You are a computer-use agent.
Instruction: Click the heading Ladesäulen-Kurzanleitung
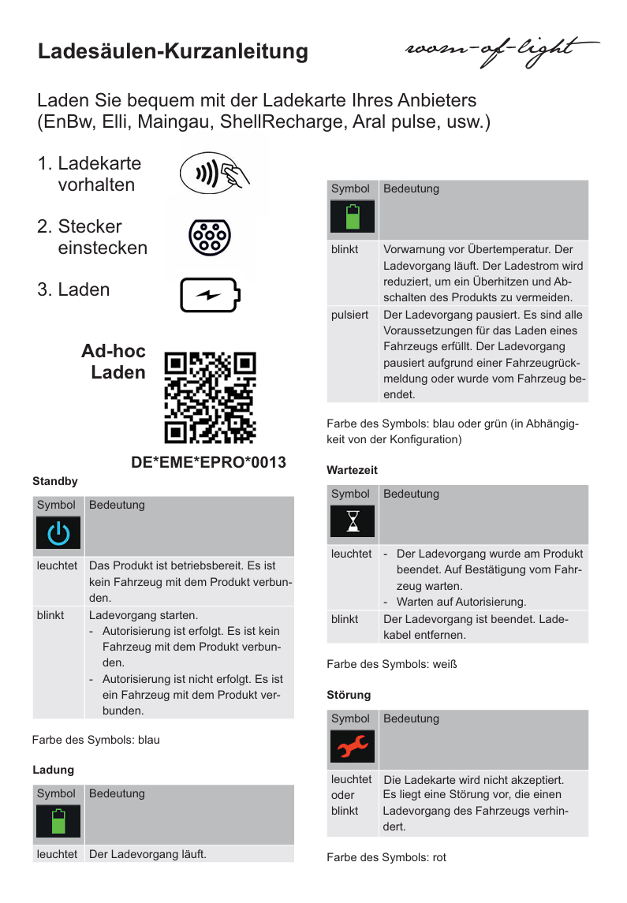[x=173, y=52]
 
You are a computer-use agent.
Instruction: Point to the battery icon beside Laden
[x=209, y=296]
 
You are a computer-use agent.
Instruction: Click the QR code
[x=211, y=397]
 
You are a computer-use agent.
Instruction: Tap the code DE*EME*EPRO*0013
[x=208, y=462]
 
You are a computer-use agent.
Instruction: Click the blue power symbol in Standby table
[x=58, y=534]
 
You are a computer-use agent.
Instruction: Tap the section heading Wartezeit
[x=352, y=470]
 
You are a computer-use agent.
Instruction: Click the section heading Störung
[x=349, y=695]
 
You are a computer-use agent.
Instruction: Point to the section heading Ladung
[x=53, y=769]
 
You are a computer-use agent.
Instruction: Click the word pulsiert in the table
[x=349, y=315]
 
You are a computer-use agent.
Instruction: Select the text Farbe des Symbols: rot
[x=386, y=857]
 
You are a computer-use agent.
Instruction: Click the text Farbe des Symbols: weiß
[x=392, y=664]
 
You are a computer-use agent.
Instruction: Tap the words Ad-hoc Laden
[x=114, y=361]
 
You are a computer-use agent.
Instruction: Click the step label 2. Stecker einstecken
[x=92, y=237]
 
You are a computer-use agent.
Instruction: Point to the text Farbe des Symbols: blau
[x=95, y=740]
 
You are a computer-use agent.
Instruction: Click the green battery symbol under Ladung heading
[x=58, y=823]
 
